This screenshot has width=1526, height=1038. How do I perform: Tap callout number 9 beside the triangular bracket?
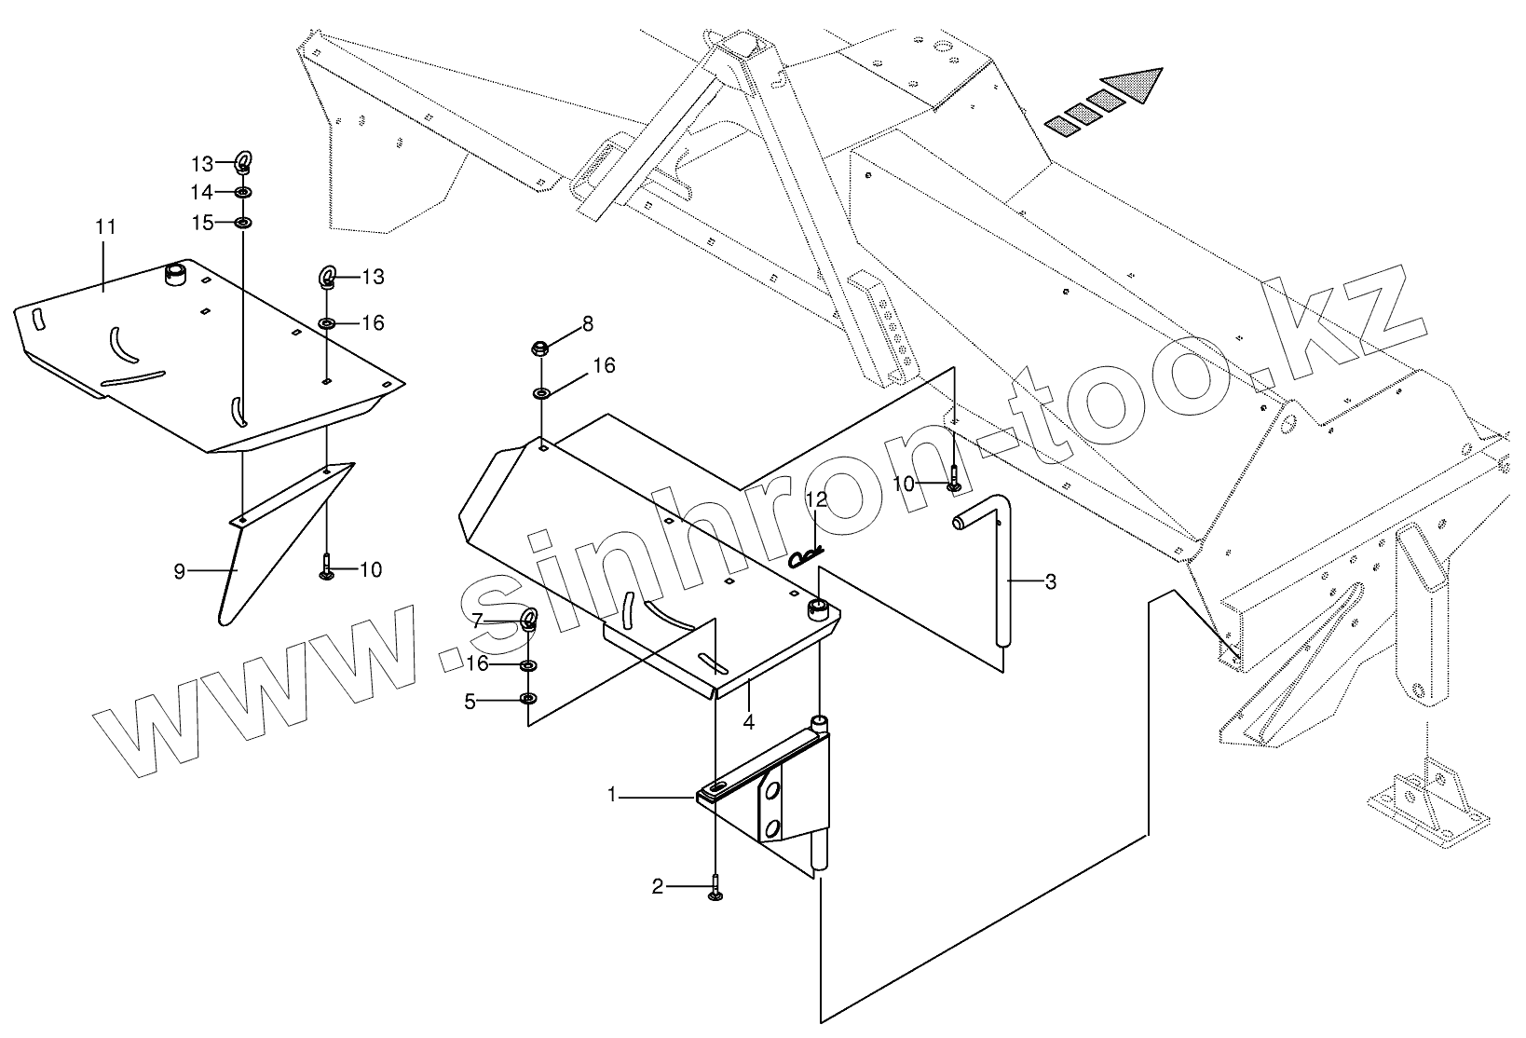(180, 571)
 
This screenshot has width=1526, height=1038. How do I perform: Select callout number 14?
(202, 192)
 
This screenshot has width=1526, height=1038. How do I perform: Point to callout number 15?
(202, 223)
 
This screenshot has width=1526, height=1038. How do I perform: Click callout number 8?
(588, 323)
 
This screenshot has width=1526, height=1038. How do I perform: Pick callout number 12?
(816, 500)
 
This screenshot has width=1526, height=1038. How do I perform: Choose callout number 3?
(1051, 582)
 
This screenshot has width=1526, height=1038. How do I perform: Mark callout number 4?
(748, 720)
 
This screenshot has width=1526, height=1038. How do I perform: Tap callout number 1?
(612, 795)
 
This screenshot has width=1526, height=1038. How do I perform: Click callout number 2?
(658, 887)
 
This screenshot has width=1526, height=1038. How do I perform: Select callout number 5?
(470, 702)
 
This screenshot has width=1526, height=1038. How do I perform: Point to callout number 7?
(477, 620)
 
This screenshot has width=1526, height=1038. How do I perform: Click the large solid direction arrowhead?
(1136, 86)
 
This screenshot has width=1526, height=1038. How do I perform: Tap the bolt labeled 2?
(715, 887)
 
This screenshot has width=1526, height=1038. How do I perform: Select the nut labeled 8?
(539, 349)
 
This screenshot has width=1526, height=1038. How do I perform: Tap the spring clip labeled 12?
(807, 557)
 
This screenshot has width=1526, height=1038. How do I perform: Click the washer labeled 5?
(528, 700)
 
